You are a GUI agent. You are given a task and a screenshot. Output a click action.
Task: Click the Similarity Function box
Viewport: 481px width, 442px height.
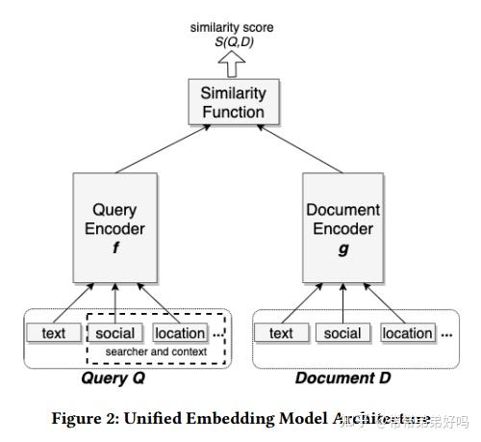point(232,101)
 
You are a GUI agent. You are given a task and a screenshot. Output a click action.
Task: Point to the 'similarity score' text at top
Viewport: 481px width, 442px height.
point(231,27)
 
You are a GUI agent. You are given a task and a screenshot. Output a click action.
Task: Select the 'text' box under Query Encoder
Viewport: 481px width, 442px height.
point(54,333)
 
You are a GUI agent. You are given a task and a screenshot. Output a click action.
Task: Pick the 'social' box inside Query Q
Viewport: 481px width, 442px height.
point(115,333)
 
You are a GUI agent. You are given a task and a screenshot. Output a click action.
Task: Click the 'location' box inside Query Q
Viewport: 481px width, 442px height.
point(180,333)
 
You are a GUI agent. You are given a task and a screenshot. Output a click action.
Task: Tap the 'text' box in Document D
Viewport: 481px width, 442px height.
point(281,333)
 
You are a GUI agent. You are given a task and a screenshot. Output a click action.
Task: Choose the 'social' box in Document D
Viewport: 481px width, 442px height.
point(342,333)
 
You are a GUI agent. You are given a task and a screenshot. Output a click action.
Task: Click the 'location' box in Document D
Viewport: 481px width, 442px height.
point(407,333)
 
